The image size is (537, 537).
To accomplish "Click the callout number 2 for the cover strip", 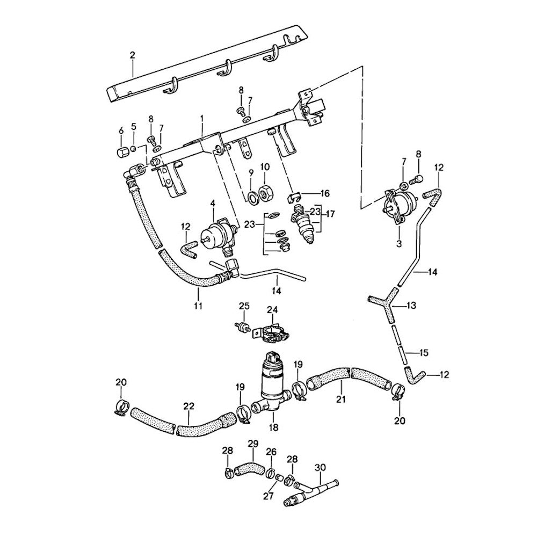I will [x=132, y=54].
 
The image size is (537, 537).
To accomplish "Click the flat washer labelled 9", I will [x=251, y=195].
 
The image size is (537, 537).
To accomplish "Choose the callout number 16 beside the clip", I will [x=325, y=193].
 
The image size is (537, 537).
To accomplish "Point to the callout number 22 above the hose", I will [x=189, y=406].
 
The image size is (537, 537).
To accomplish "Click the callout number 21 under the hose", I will [x=340, y=399].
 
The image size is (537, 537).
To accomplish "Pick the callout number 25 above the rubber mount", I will [x=244, y=306].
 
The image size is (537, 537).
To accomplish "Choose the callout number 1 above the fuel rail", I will [x=202, y=117].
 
